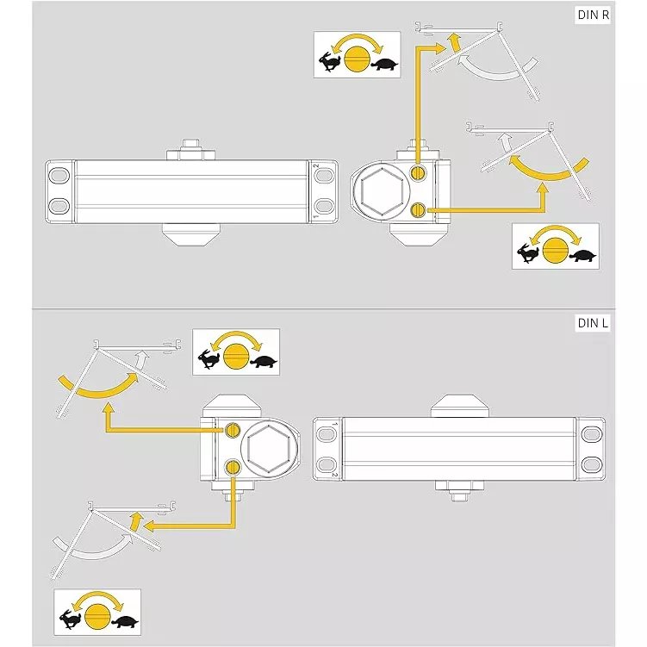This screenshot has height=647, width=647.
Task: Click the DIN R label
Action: [x=593, y=16]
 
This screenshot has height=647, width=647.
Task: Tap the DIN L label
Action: [x=593, y=323]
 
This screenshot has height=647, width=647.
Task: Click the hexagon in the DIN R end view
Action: [x=382, y=190]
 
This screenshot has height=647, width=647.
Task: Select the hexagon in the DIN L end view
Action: [x=269, y=448]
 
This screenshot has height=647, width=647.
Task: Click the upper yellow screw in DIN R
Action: [x=418, y=172]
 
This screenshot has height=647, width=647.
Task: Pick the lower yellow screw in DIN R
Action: [x=418, y=210]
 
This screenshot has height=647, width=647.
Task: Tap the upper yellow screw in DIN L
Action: [x=233, y=431]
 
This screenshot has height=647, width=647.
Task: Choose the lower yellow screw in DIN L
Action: [x=233, y=467]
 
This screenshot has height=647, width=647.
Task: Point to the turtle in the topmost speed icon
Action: [x=384, y=65]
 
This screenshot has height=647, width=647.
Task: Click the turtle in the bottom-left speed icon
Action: [x=125, y=622]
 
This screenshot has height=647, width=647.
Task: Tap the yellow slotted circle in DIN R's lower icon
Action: [x=555, y=251]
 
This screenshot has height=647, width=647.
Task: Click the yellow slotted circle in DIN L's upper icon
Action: [x=235, y=356]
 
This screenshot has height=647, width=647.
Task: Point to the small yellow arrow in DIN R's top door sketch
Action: [x=455, y=42]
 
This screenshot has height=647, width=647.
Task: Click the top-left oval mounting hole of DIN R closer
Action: [x=59, y=175]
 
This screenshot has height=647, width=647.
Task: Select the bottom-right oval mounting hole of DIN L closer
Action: [x=592, y=464]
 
